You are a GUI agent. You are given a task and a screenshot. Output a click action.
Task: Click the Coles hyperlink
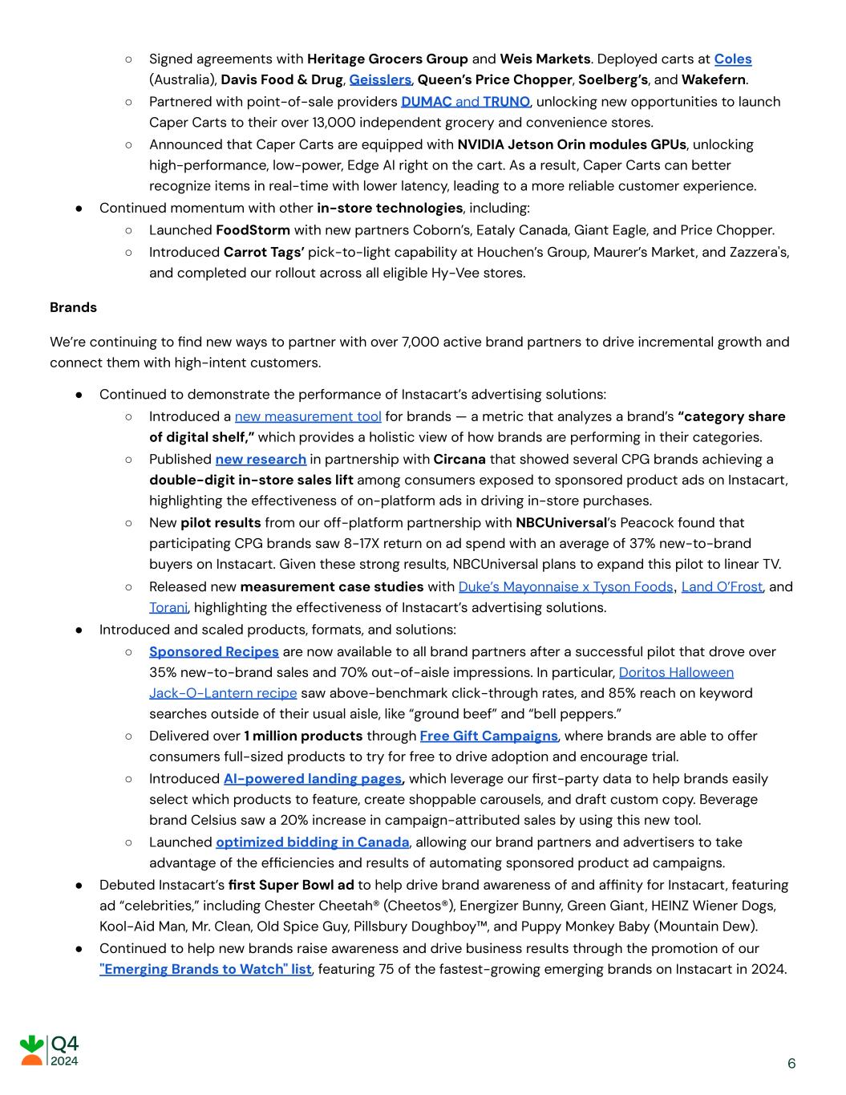point(732,59)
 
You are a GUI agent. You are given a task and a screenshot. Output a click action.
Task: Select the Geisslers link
point(380,80)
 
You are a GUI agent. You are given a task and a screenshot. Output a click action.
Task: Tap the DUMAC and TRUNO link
point(465,102)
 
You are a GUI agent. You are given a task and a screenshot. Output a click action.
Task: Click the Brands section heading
point(73,308)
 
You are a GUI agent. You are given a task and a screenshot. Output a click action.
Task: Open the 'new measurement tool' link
point(308,416)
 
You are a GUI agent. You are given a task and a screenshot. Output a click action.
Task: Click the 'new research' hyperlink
point(261,460)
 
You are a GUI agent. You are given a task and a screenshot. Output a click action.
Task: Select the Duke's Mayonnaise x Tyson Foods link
point(565,587)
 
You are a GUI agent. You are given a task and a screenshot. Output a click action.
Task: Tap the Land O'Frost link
point(722,587)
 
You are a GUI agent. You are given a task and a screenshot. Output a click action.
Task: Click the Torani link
point(168,608)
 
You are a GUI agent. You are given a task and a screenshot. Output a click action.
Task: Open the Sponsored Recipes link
point(214,652)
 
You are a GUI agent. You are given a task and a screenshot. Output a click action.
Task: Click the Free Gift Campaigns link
point(488,736)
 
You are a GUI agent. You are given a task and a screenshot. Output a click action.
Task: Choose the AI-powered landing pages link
point(313,779)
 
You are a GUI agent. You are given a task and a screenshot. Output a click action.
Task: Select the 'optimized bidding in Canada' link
point(313,842)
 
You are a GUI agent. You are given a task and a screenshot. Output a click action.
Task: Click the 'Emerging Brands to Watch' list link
point(205,969)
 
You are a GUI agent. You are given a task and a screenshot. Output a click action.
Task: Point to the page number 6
point(791,1064)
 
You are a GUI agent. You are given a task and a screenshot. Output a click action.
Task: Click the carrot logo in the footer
point(32,1050)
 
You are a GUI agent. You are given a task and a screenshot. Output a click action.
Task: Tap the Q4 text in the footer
point(65,1044)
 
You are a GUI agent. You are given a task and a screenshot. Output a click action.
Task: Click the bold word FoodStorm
point(253,230)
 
